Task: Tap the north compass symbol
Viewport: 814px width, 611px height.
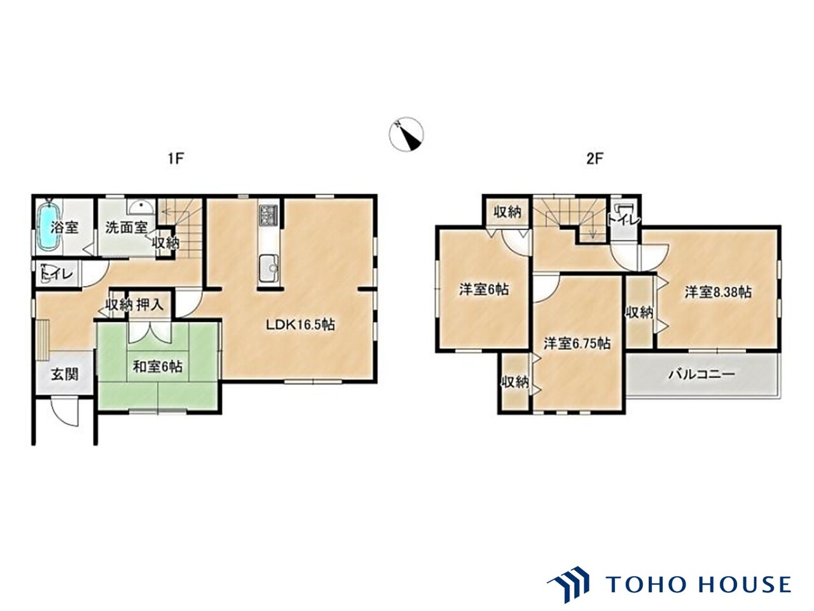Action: point(406,134)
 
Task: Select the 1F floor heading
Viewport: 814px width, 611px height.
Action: point(176,158)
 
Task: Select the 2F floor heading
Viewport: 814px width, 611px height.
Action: point(595,158)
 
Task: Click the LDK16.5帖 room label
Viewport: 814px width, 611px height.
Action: point(300,325)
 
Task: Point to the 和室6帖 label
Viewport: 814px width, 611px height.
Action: point(158,367)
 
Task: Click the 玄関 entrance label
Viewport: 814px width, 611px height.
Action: point(65,374)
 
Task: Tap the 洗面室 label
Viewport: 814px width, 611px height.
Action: point(127,227)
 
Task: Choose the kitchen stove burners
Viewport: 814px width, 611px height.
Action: point(268,214)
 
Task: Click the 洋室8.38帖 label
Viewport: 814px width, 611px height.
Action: point(718,292)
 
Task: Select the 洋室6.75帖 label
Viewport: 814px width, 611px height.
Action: point(577,344)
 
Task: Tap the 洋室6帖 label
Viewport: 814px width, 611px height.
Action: point(484,290)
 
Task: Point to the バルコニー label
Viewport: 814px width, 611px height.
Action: point(701,374)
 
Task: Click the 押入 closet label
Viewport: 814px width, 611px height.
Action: point(150,305)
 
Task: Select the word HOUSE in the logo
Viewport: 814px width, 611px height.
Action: point(745,585)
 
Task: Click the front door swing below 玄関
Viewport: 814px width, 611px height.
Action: point(65,412)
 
